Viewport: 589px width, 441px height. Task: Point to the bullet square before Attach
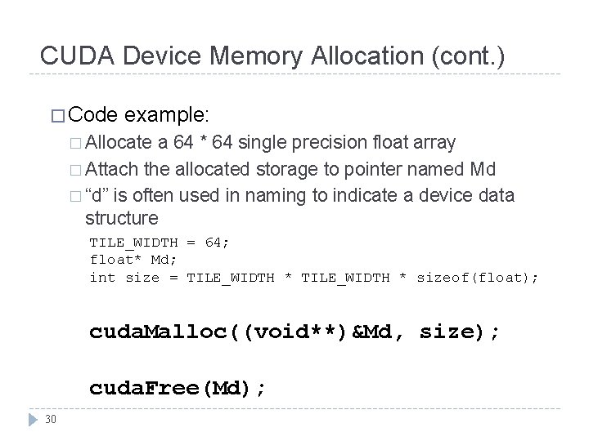75,170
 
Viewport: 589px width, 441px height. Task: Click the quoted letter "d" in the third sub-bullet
98,196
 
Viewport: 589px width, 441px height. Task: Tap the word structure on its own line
122,218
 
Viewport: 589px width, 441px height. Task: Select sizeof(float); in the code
478,278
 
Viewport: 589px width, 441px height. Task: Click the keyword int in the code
103,278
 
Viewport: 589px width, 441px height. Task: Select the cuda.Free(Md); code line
178,389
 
